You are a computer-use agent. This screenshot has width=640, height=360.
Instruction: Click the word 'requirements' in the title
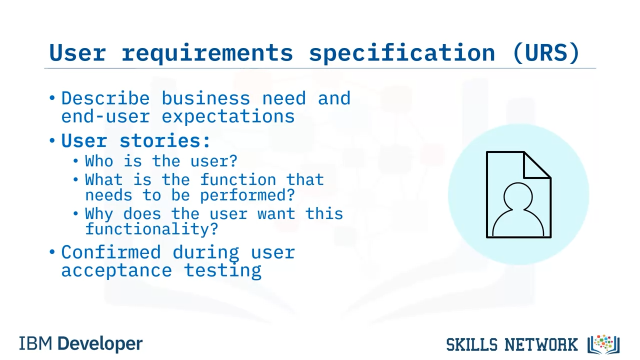pos(207,53)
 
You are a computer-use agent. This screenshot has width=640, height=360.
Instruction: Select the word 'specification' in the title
pos(402,53)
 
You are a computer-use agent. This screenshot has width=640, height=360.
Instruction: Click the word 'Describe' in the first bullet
pos(105,98)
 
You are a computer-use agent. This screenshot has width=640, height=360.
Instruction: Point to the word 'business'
pos(206,98)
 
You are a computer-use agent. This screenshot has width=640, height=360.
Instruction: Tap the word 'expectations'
pos(228,117)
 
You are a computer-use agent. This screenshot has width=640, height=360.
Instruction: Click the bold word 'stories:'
pos(165,140)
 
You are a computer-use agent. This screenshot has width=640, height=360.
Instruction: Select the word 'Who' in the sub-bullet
pos(99,161)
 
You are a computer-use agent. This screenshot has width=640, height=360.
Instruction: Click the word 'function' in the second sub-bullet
pos(238,179)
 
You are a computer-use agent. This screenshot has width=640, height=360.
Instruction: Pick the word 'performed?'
pos(247,195)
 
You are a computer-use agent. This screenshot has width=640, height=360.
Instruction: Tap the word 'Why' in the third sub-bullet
pos(99,213)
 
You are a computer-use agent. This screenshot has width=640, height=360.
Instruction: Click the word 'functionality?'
pos(151,229)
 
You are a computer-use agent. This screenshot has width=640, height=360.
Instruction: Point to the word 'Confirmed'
pos(111,252)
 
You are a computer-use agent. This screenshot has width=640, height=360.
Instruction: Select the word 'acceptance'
pos(116,270)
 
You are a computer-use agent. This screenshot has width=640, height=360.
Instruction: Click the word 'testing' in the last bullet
pos(222,270)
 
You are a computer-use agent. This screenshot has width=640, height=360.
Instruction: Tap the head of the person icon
pos(518,196)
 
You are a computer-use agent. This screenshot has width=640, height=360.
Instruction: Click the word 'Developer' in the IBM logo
pos(100,343)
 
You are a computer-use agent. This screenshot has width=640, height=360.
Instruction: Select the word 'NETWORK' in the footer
pos(541,344)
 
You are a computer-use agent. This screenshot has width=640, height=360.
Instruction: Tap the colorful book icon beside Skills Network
pos(603,344)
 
